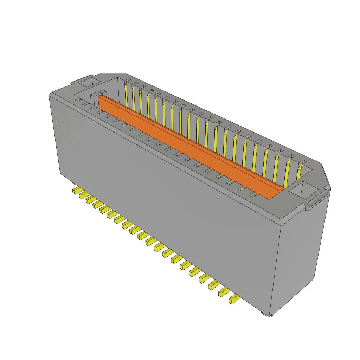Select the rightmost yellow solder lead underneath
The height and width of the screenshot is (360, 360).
[234, 300]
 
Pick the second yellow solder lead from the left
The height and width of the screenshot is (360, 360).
[83, 195]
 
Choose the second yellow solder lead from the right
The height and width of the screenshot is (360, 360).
[224, 292]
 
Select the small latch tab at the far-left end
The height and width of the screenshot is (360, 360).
[73, 83]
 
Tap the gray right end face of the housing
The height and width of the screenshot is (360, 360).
[299, 257]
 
